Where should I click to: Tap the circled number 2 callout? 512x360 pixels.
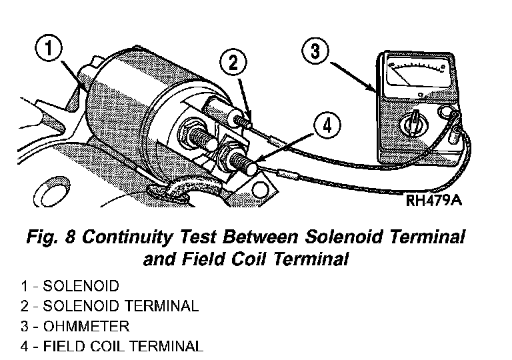233,63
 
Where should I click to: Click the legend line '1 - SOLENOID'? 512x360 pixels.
69,287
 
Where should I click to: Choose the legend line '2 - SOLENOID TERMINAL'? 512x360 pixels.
109,307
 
